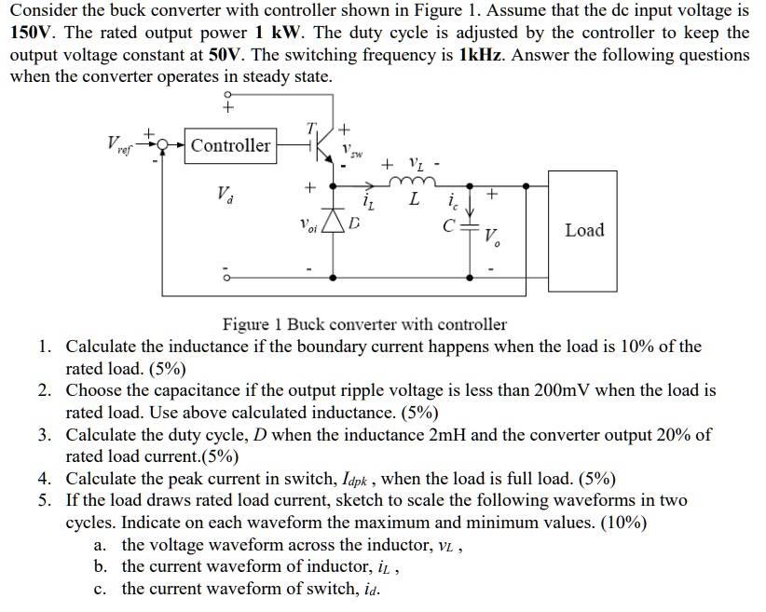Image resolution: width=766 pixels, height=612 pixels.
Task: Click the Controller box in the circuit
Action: point(230,145)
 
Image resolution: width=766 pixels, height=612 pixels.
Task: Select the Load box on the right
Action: point(584,229)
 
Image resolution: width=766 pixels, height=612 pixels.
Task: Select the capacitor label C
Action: point(449,224)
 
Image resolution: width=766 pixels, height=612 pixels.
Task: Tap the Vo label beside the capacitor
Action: point(494,238)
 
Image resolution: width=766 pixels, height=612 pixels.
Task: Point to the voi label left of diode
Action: point(308,225)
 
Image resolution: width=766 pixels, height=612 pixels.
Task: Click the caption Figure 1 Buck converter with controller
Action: point(364,325)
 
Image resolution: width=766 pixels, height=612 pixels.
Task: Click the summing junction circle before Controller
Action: point(166,145)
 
